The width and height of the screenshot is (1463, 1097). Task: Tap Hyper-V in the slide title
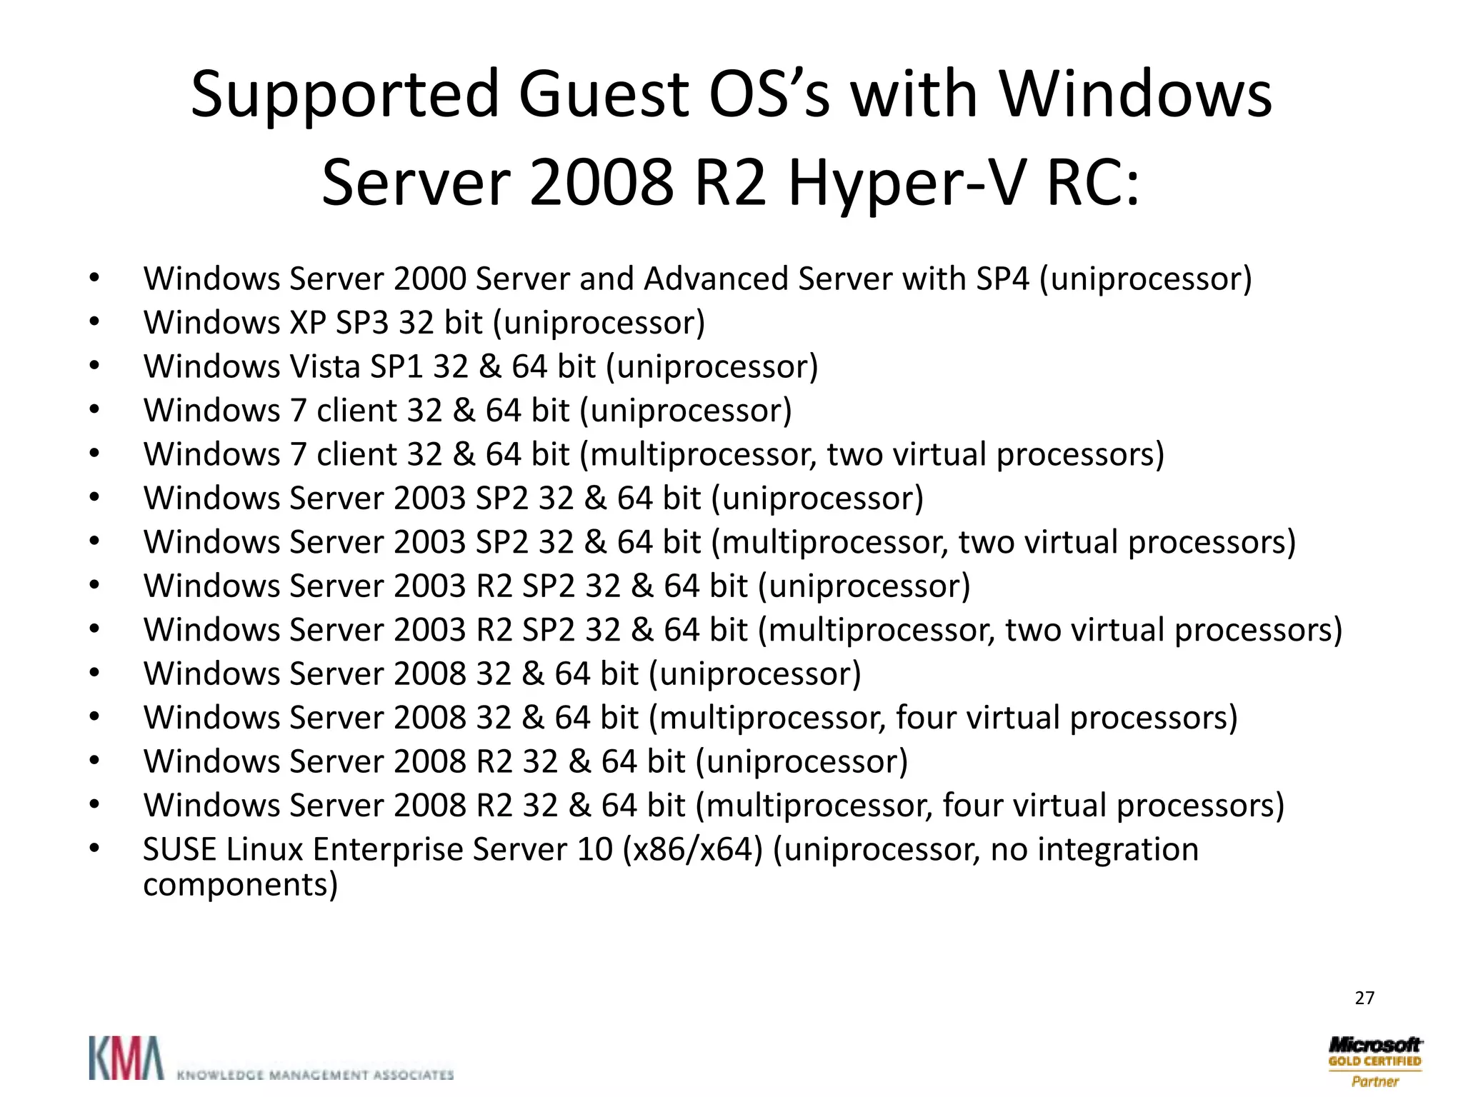pyautogui.click(x=907, y=184)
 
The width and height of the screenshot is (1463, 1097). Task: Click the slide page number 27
pyautogui.click(x=1364, y=998)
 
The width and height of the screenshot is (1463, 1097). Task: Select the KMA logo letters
pyautogui.click(x=126, y=1058)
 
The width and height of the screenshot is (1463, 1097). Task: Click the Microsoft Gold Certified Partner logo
pyautogui.click(x=1374, y=1061)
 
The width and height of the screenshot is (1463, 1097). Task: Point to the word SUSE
pyautogui.click(x=179, y=849)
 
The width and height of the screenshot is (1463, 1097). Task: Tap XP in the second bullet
pyautogui.click(x=308, y=323)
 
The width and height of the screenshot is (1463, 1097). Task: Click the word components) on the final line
pyautogui.click(x=240, y=884)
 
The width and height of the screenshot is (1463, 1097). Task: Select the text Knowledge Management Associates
pyautogui.click(x=314, y=1074)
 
